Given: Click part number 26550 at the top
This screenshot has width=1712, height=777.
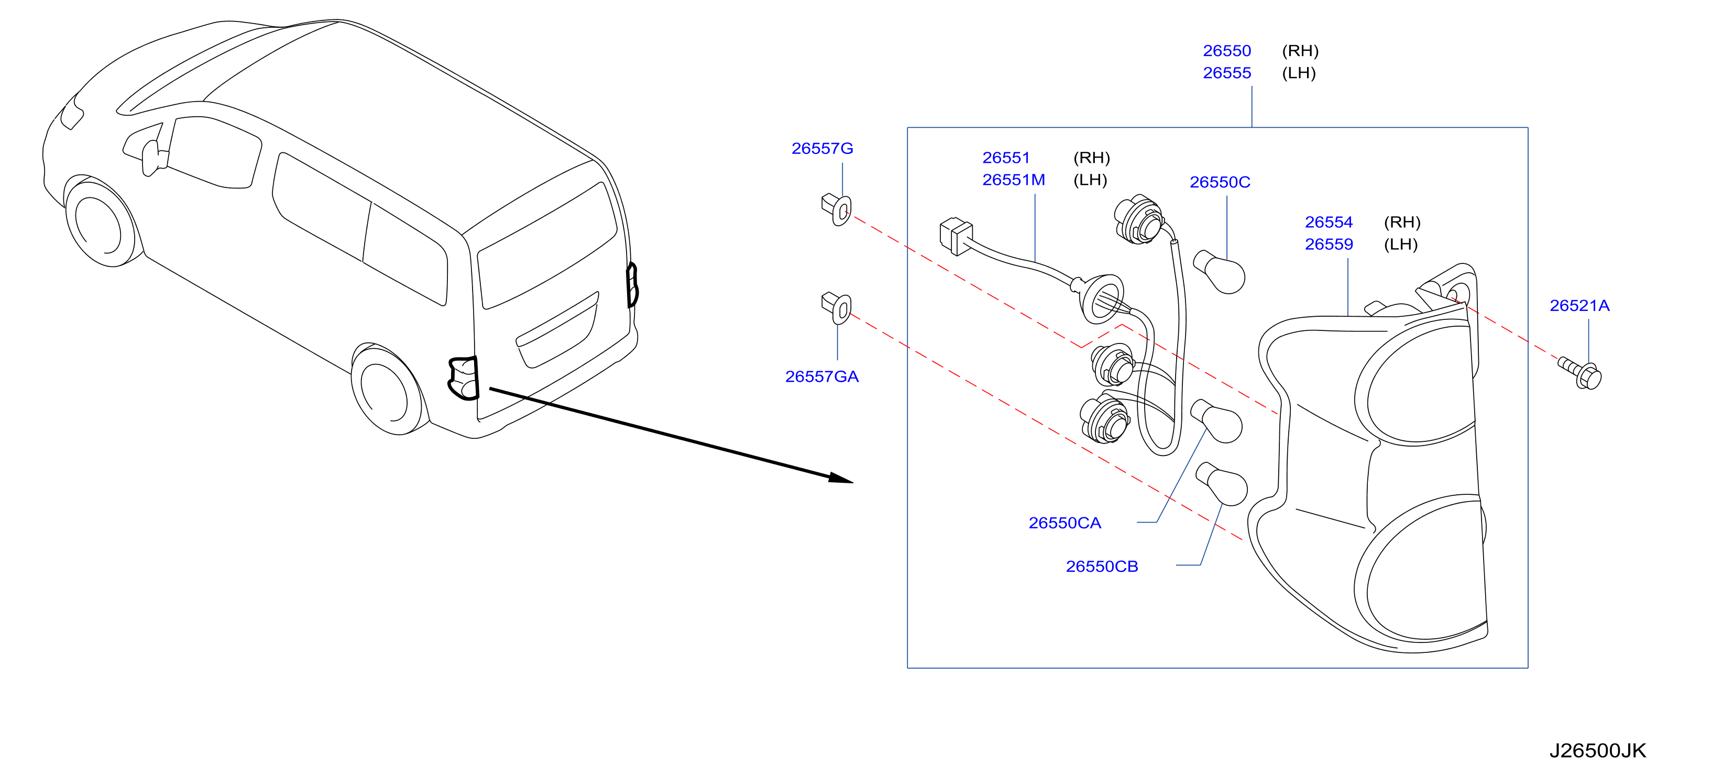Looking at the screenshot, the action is [x=1226, y=51].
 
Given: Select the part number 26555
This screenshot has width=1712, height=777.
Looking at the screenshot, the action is [x=1226, y=73].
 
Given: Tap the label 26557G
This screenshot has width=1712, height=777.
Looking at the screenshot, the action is [x=822, y=149].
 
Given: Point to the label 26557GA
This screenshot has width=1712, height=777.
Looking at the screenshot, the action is [x=821, y=377].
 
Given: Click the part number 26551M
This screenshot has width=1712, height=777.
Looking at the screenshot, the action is [x=1014, y=180].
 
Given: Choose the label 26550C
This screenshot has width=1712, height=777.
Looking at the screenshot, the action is [x=1220, y=183].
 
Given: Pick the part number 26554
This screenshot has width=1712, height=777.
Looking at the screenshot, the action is [x=1329, y=223].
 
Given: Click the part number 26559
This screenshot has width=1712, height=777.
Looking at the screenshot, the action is [x=1329, y=245].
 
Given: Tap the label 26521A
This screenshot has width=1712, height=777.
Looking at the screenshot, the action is [x=1579, y=306].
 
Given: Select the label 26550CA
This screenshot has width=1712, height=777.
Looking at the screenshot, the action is [x=1064, y=523].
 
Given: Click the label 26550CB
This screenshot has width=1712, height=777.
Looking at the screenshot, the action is [x=1102, y=567].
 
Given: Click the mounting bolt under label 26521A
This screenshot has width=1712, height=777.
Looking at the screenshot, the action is [x=1580, y=373].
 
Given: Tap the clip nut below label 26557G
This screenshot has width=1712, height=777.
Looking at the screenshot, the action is [x=836, y=209].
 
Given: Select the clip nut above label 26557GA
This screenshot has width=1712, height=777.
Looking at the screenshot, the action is [x=836, y=307].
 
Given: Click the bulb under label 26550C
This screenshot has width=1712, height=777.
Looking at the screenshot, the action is [x=1219, y=272].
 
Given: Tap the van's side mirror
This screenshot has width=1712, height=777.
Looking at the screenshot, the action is [x=153, y=158].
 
